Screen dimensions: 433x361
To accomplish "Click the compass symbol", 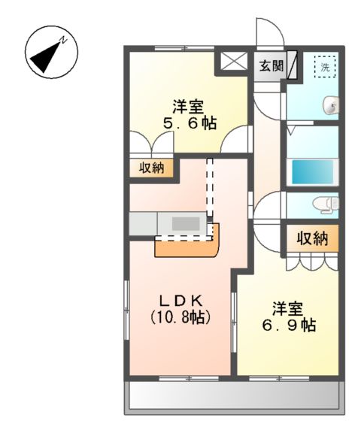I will [51, 53].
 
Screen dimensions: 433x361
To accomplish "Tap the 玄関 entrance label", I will [271, 66].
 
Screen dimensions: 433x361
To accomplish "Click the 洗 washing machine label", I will [325, 66].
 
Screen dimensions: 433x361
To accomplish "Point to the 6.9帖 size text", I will [290, 326].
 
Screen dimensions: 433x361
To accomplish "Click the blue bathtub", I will [311, 171].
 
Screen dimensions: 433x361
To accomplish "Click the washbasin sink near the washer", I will [329, 106].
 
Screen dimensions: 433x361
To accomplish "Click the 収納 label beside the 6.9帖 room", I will [311, 239].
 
